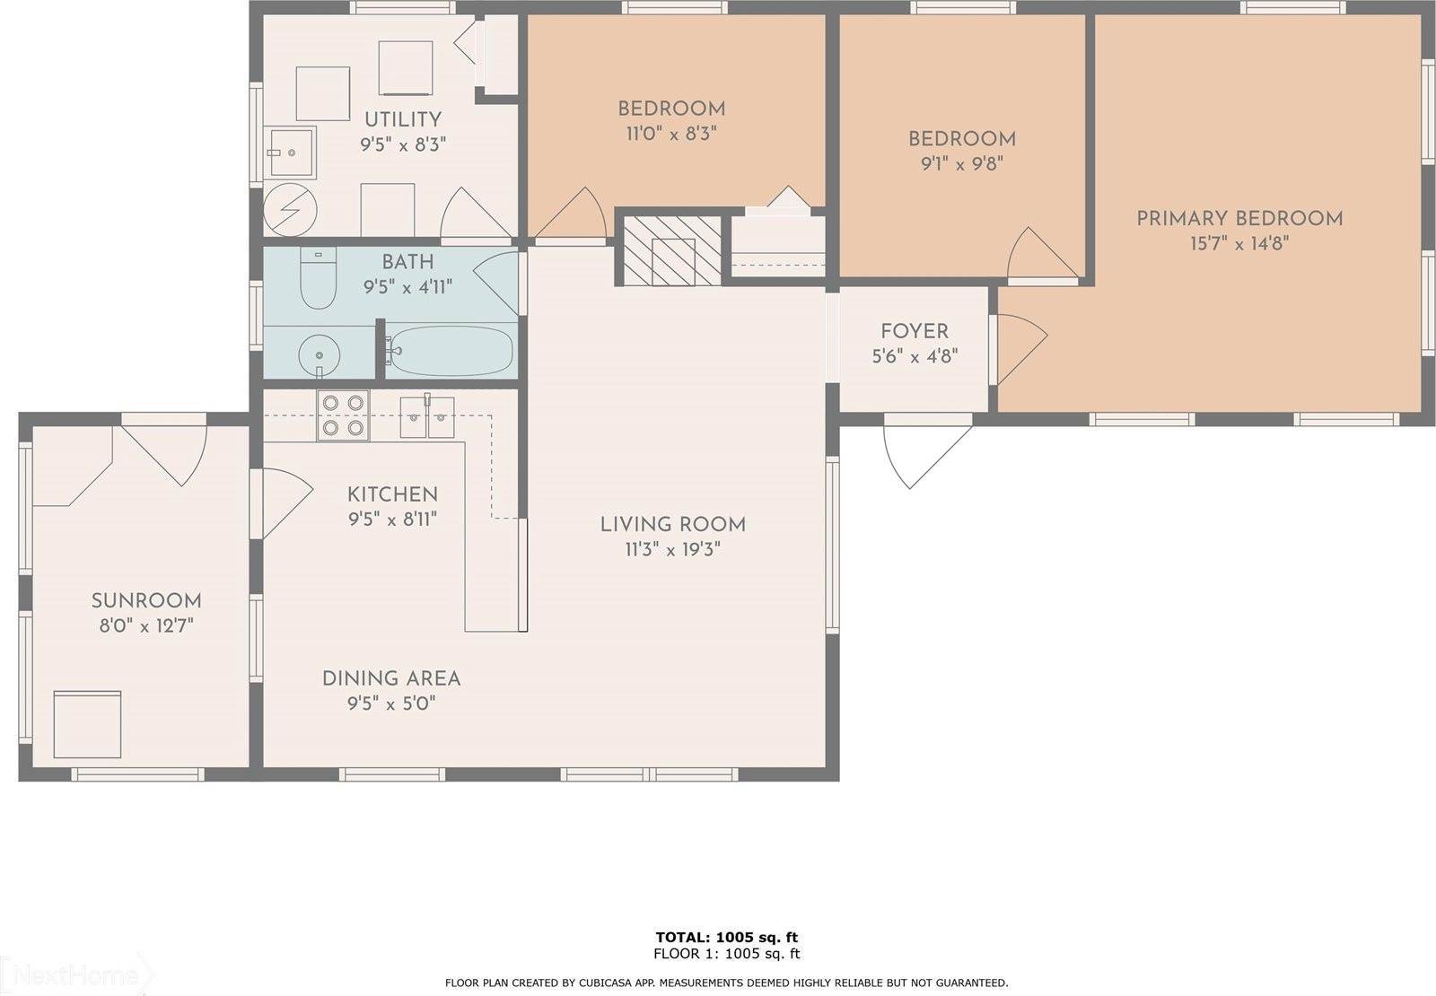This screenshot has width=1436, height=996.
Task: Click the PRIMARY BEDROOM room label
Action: pyautogui.click(x=1239, y=218)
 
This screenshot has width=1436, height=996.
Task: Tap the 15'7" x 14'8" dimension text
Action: pyautogui.click(x=1239, y=243)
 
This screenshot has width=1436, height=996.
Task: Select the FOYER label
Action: pyautogui.click(x=914, y=331)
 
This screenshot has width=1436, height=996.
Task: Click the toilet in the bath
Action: pyautogui.click(x=316, y=279)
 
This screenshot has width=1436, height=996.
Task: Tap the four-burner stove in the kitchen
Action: pyautogui.click(x=343, y=415)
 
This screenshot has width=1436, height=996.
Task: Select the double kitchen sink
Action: pyautogui.click(x=427, y=415)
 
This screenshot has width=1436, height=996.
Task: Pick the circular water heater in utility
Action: pyautogui.click(x=290, y=210)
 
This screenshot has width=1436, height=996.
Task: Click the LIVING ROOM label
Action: pyautogui.click(x=672, y=524)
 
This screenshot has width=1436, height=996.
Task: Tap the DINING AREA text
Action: pyautogui.click(x=390, y=678)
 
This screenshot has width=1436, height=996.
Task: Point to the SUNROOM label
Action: pyautogui.click(x=146, y=600)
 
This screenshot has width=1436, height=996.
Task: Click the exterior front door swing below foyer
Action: pyautogui.click(x=924, y=453)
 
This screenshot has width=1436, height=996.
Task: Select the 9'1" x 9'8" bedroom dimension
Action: pyautogui.click(x=961, y=163)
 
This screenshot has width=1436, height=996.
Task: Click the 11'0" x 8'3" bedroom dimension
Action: pyautogui.click(x=671, y=134)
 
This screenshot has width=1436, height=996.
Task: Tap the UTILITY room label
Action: pyautogui.click(x=402, y=119)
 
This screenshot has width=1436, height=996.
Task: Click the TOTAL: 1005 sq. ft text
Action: pyautogui.click(x=726, y=938)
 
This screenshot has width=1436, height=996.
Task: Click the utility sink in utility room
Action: pyautogui.click(x=291, y=153)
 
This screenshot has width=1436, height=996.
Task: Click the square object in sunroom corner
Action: pyautogui.click(x=87, y=724)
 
